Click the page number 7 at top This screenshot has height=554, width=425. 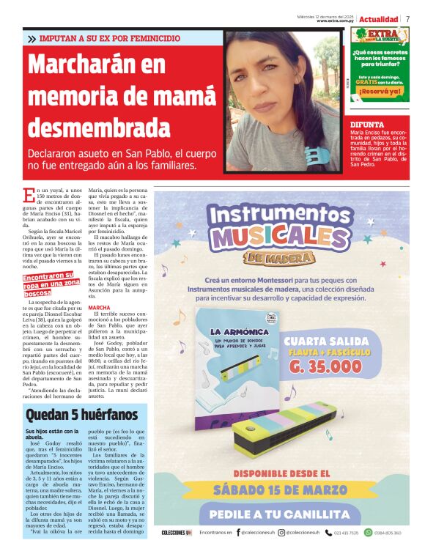(408, 18)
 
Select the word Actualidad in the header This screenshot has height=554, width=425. (379, 18)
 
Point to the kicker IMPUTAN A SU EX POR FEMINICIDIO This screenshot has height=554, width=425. (109, 37)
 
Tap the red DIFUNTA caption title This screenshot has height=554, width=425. (367, 125)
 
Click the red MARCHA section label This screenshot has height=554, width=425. (99, 308)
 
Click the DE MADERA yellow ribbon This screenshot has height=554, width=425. (281, 259)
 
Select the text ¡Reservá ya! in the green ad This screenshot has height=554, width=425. (380, 92)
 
